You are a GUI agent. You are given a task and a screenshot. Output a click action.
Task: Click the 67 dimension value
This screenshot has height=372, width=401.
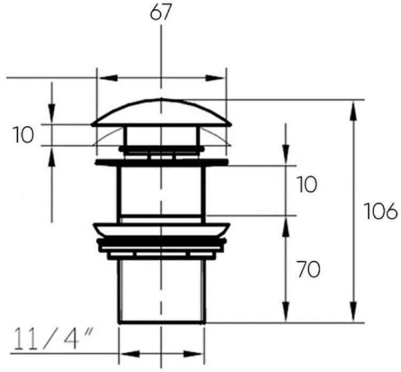(160, 12)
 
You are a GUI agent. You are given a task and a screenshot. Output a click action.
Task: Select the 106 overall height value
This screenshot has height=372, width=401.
(381, 211)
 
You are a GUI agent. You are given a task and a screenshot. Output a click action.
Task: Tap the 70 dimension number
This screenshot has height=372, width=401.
(309, 269)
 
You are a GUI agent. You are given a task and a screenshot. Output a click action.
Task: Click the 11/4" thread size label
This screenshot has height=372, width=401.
(53, 339)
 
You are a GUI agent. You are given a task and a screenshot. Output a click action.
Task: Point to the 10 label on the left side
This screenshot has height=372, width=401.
(24, 135)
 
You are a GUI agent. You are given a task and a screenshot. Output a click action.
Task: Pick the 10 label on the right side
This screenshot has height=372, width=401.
(307, 184)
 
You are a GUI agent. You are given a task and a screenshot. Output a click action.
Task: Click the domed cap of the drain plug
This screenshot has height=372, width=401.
(161, 112)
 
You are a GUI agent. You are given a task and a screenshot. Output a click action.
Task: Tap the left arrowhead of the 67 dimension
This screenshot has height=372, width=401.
(108, 78)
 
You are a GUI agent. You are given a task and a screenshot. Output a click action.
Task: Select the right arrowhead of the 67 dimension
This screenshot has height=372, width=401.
(215, 78)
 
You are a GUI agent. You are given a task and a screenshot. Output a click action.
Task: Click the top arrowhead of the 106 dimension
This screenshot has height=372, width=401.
(353, 111)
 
